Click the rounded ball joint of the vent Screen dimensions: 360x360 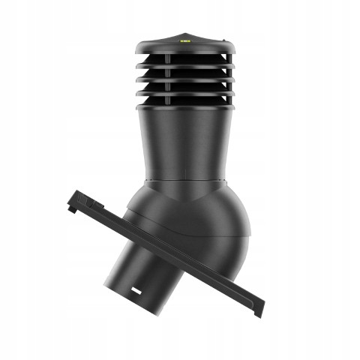[210, 225]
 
